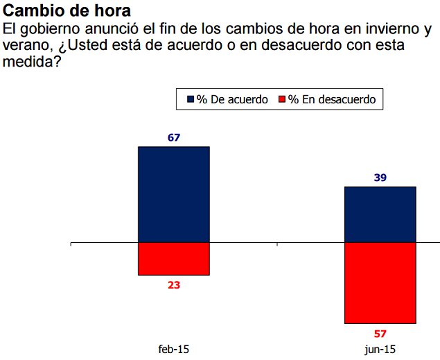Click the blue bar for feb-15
[174, 194]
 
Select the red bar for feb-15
[174, 259]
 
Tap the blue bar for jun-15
[380, 214]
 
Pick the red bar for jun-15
[380, 282]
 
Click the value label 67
[174, 137]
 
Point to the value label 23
[174, 284]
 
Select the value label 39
[380, 178]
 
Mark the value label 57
[380, 333]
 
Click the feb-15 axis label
[173, 349]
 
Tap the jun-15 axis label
[380, 349]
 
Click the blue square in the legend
[191, 100]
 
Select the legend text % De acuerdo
[232, 100]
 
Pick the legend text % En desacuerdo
[332, 100]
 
